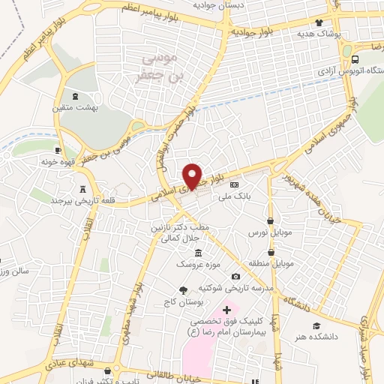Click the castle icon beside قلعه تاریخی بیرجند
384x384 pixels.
tap(82, 189)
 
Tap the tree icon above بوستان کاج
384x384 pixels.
tap(183, 289)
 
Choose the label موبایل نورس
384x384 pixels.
tap(269, 233)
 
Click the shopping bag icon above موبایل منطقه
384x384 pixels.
tap(273, 252)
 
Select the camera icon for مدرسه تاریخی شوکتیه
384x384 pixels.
tap(236, 277)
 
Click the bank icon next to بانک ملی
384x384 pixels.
tap(233, 184)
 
